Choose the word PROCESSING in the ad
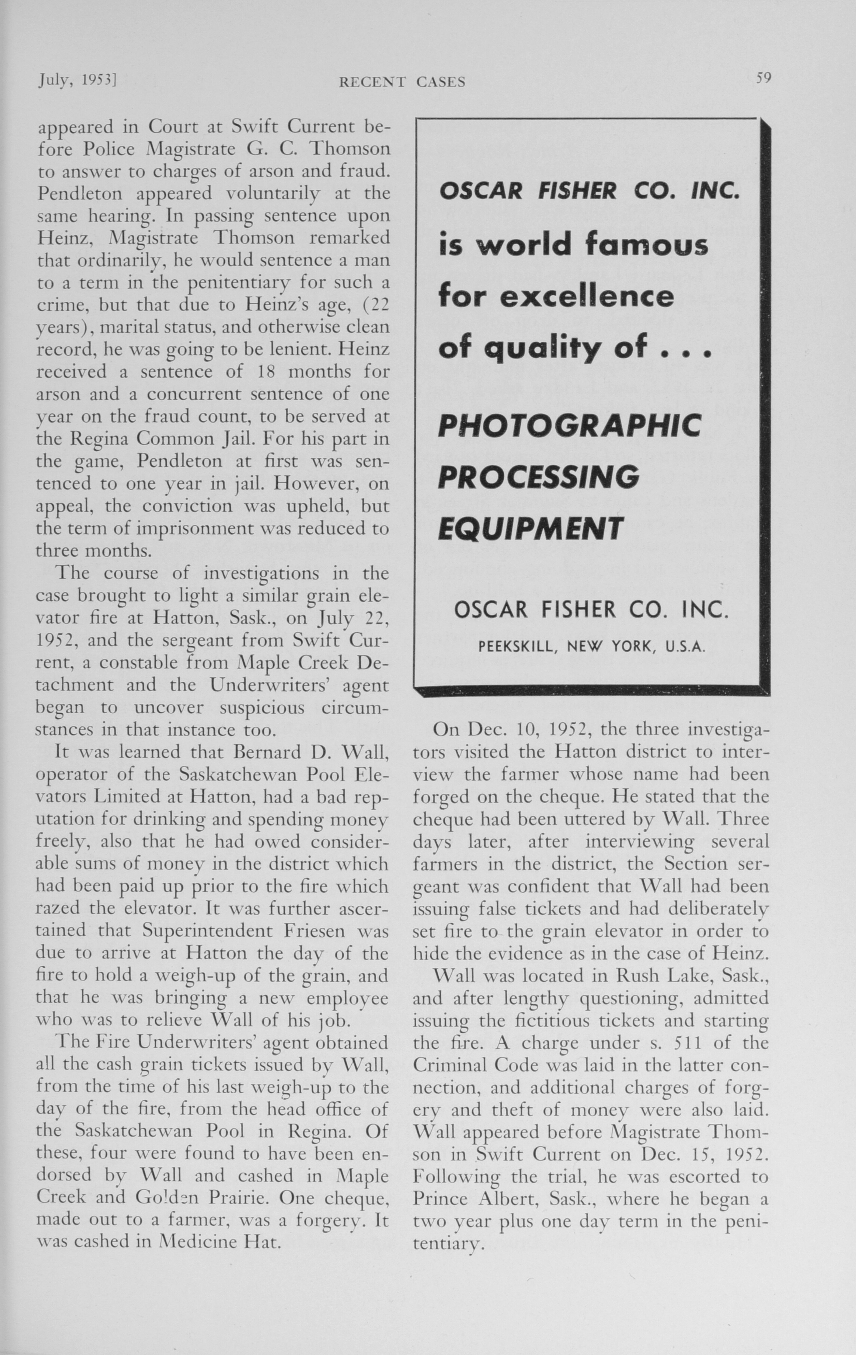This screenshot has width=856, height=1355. point(539,477)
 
